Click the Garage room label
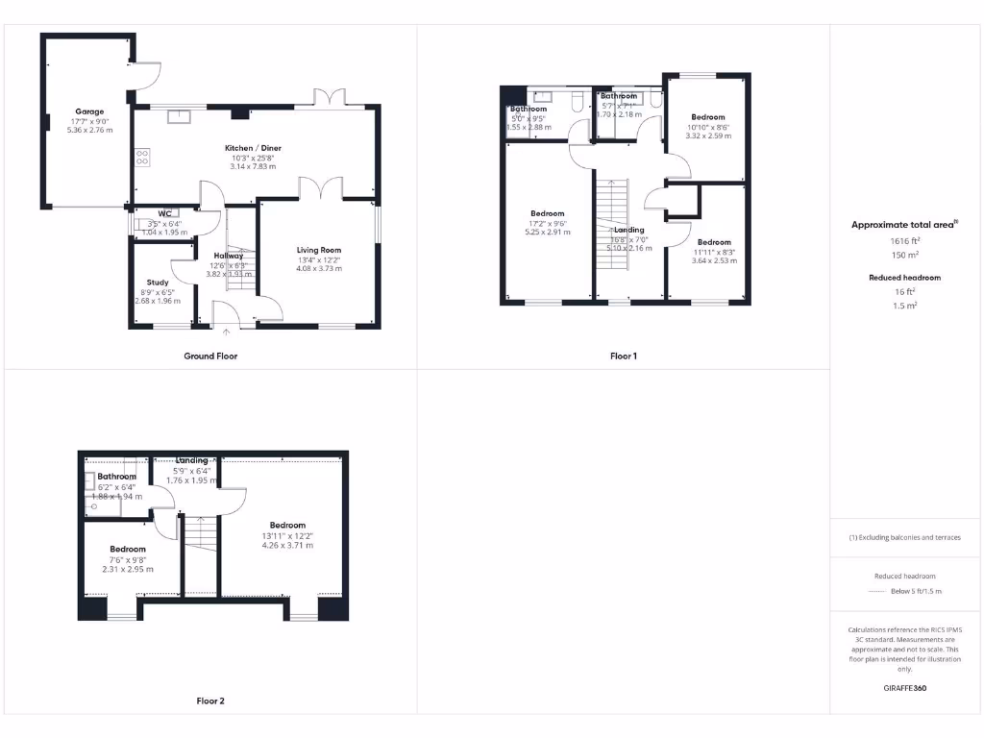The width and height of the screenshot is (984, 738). coord(89,111)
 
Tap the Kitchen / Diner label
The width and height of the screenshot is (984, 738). coord(253,148)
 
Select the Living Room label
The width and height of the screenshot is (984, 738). coord(319,250)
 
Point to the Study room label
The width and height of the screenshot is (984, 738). coord(158,283)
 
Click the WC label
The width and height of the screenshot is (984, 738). coord(164,213)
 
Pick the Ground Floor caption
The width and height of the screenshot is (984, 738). coord(210,356)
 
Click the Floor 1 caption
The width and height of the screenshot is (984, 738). coord(624,356)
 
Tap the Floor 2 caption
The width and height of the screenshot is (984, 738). coord(210,701)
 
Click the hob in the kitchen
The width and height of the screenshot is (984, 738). coord(142,157)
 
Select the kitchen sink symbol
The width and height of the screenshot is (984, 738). coord(179,117)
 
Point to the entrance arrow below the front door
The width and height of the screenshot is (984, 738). coord(227,332)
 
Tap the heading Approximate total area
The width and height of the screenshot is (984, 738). coord(904,225)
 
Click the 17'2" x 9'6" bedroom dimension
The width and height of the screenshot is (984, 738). coord(548,223)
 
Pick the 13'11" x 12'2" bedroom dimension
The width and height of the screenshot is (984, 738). coord(287,535)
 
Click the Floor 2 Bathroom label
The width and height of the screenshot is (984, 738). coord(116,477)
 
